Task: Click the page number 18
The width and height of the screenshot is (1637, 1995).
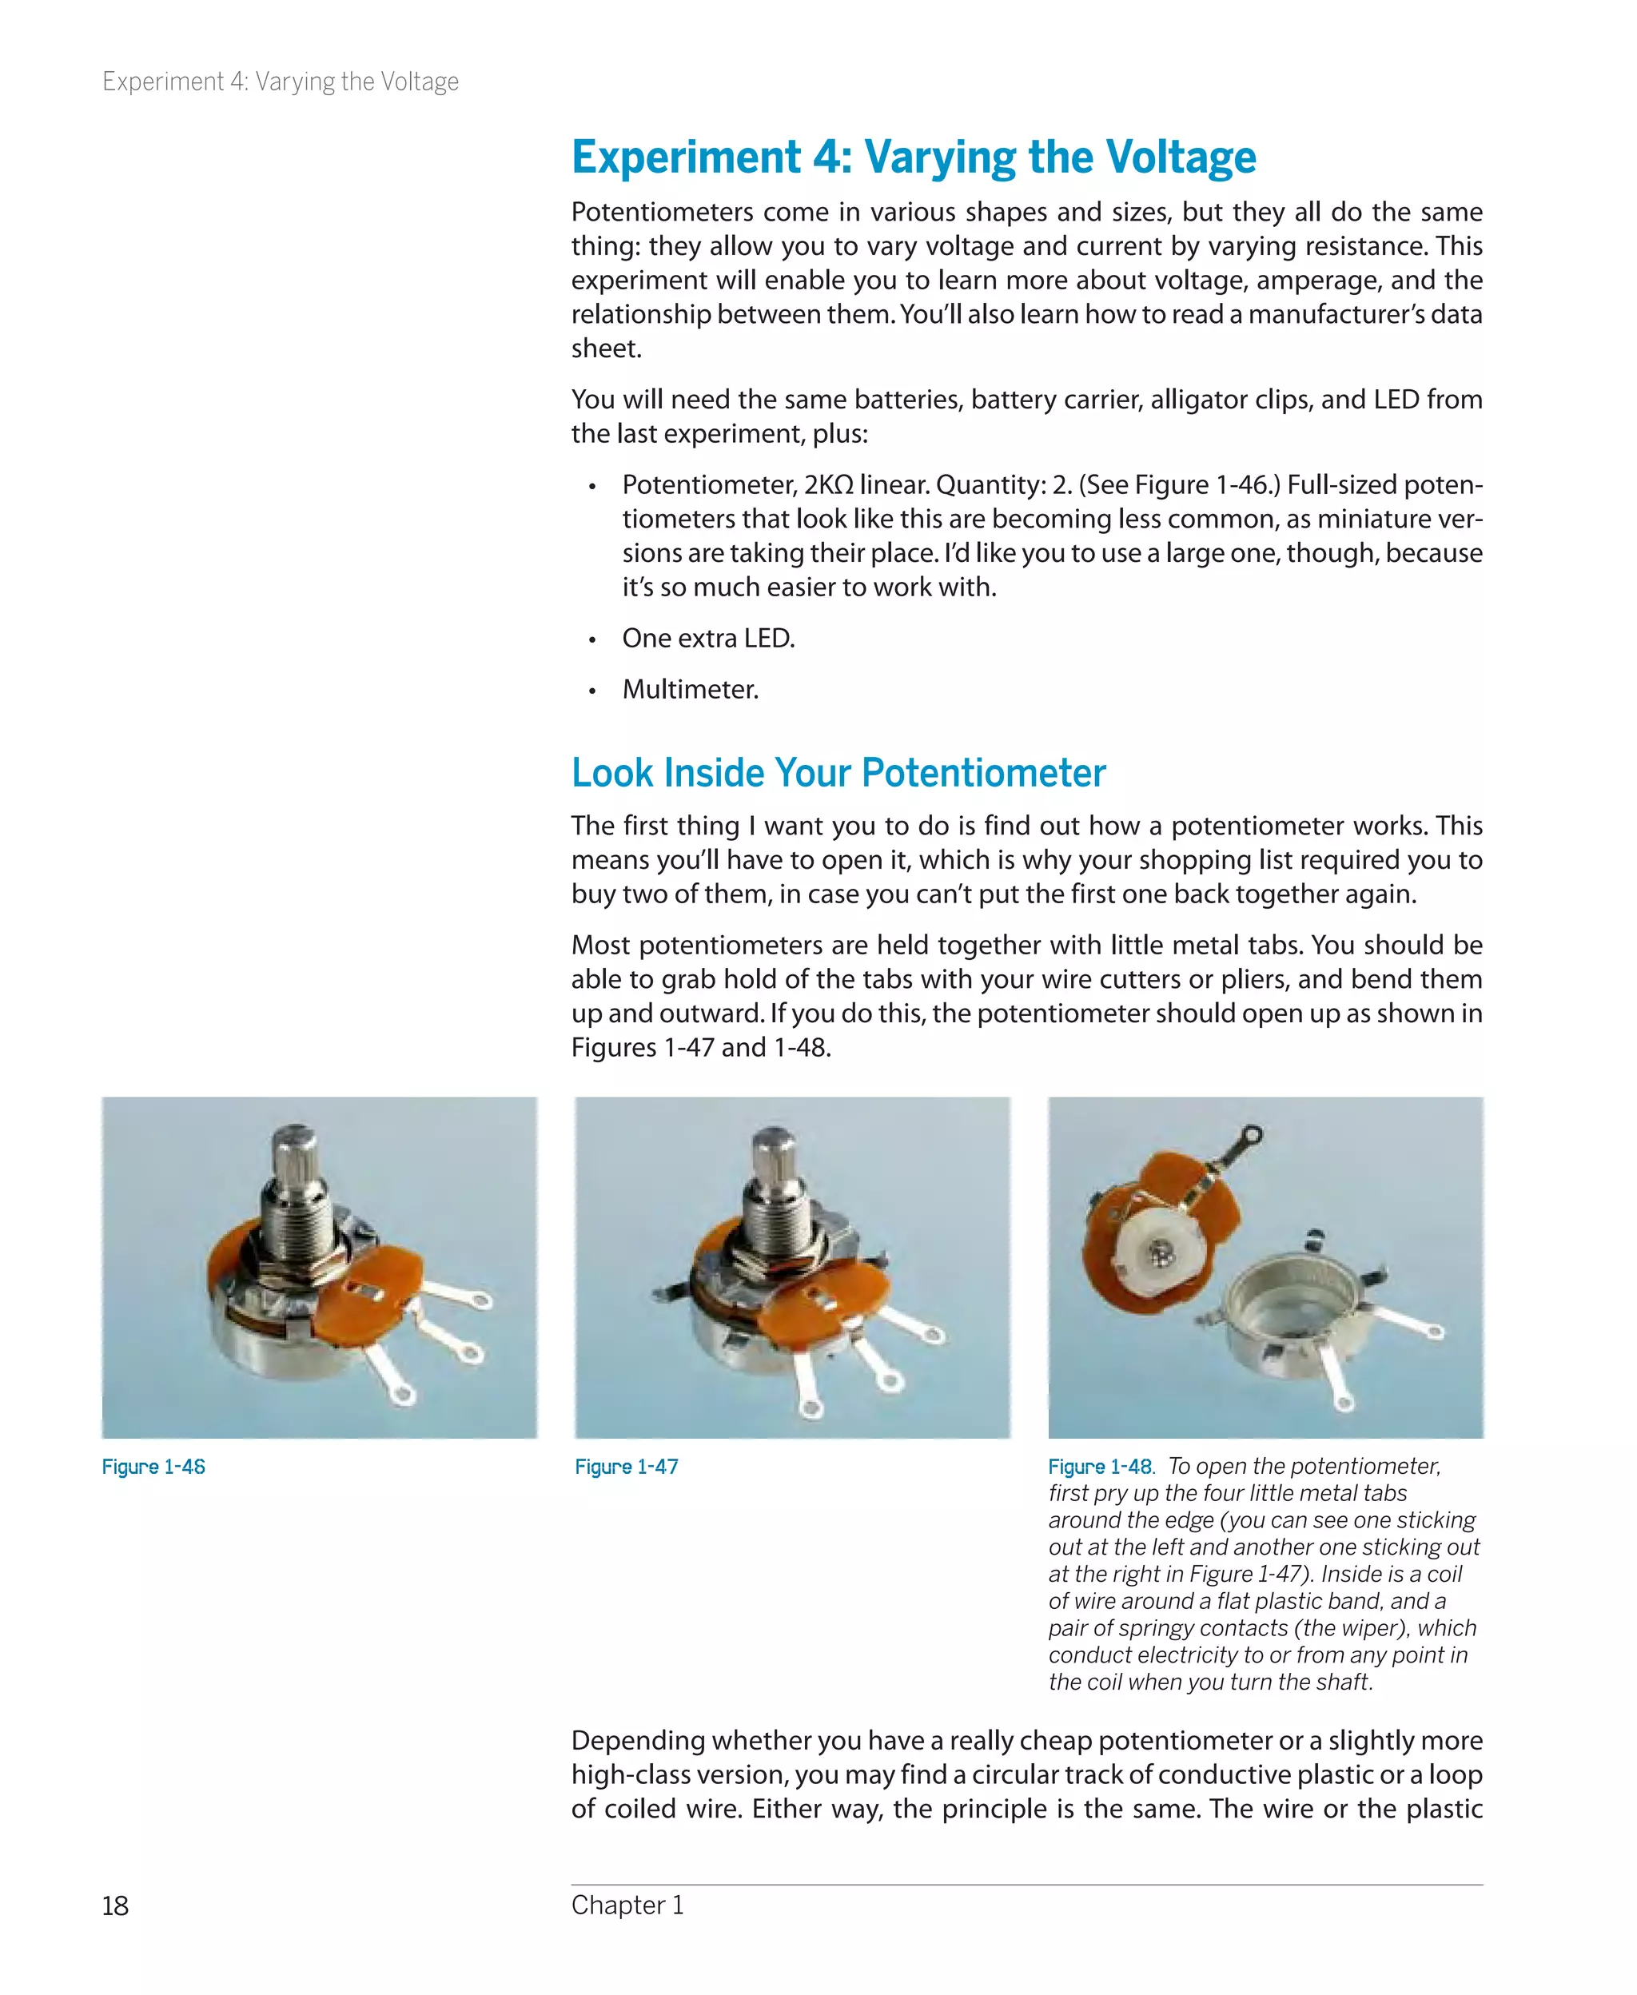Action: (115, 1905)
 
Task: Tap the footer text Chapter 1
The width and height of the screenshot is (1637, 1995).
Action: (627, 1905)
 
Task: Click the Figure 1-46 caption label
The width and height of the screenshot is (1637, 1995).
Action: (153, 1467)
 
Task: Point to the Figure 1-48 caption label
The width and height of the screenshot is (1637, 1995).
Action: (1101, 1467)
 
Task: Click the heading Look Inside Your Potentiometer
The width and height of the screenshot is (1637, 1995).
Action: (838, 773)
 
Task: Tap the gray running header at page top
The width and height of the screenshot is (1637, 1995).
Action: (280, 82)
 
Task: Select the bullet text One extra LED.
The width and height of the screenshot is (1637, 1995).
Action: (708, 639)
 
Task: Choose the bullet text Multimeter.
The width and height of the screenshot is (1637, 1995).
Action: (691, 689)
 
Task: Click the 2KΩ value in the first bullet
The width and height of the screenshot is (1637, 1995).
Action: (828, 484)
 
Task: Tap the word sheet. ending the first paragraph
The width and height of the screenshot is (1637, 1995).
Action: (607, 348)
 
